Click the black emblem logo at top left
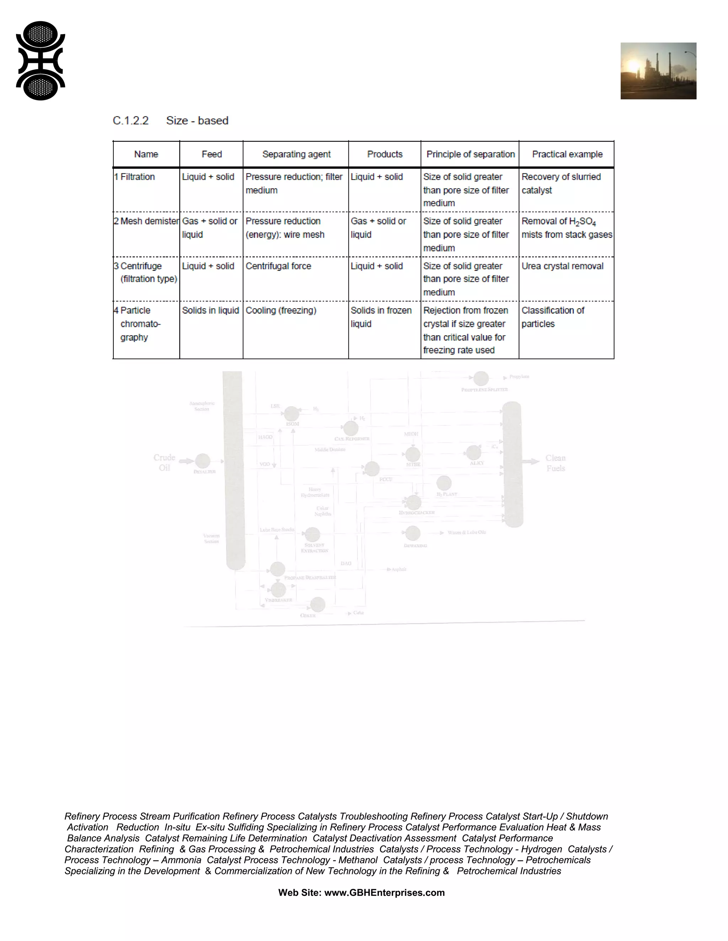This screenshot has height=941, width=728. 41,61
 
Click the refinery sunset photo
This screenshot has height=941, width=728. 658,71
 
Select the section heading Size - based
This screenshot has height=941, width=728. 197,121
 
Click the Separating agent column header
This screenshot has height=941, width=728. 296,154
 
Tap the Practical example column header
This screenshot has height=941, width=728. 567,154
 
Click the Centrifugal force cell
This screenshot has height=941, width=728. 278,266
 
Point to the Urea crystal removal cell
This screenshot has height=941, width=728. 562,266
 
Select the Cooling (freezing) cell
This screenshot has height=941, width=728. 281,310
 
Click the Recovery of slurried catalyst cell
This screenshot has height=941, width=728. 561,183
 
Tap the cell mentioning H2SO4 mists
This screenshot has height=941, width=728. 566,228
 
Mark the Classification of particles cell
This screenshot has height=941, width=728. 552,317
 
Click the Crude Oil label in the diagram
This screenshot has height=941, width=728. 164,462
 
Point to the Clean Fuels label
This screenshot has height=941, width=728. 556,463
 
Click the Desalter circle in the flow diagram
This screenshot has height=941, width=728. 203,461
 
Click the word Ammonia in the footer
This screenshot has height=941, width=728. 181,860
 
